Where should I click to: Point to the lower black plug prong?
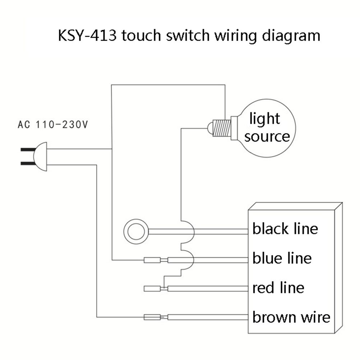[27, 163]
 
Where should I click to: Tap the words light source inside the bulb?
[266, 128]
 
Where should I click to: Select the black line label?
[285, 229]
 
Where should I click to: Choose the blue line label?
[282, 258]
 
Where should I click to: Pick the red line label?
[278, 287]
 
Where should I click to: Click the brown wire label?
[291, 317]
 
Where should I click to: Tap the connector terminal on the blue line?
[152, 260]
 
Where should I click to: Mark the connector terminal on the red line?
[152, 288]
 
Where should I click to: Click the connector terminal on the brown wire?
[152, 317]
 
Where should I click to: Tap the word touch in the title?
[139, 36]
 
